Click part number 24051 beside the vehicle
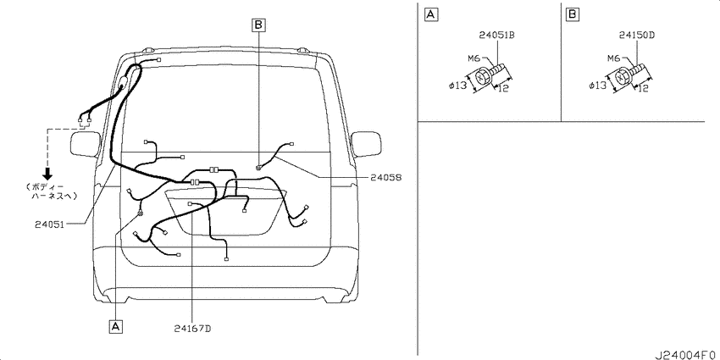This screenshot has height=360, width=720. coord(48,224)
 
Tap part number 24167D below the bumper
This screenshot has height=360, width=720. coord(193,329)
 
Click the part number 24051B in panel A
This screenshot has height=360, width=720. coord(496,35)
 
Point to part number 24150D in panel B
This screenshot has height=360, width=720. coord(636,35)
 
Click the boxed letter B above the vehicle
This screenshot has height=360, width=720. coord(258,25)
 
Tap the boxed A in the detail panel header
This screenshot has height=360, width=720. coord(430,14)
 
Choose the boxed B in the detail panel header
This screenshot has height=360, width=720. coord(572,14)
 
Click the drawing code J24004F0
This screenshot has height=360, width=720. coord(686,355)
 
